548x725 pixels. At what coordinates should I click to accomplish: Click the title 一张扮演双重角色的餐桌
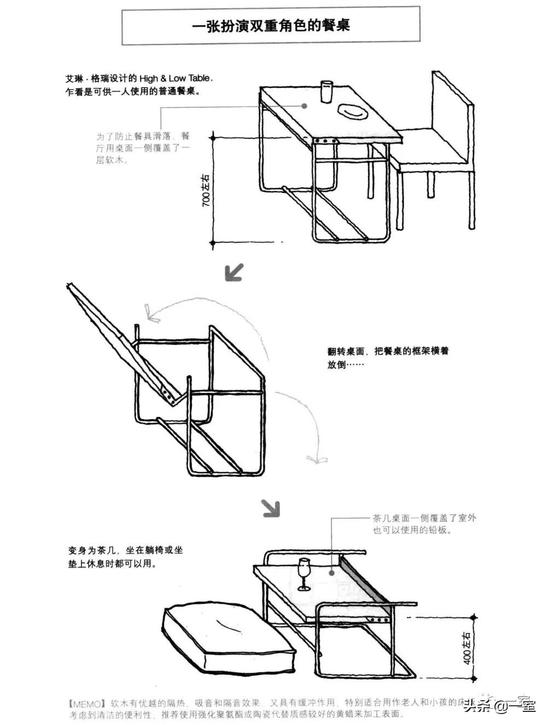pos(271,26)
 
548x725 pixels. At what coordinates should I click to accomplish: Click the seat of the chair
pos(432,151)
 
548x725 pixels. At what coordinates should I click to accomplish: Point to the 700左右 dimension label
pos(206,190)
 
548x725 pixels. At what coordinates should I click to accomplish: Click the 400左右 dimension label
pos(467,648)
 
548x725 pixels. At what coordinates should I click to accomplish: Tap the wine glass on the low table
pos(304,573)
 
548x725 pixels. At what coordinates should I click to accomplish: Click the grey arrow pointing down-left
pos(234,271)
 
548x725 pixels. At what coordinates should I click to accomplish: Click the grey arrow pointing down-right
pos(271,508)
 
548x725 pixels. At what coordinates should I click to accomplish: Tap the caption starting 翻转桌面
pos(388,357)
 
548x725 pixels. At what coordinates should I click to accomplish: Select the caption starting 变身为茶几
pos(125,556)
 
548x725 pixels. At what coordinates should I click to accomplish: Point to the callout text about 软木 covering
pos(143,148)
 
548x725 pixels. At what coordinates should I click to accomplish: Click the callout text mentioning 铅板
pos(424,524)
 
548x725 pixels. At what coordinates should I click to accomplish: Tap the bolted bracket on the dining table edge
pos(325,141)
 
